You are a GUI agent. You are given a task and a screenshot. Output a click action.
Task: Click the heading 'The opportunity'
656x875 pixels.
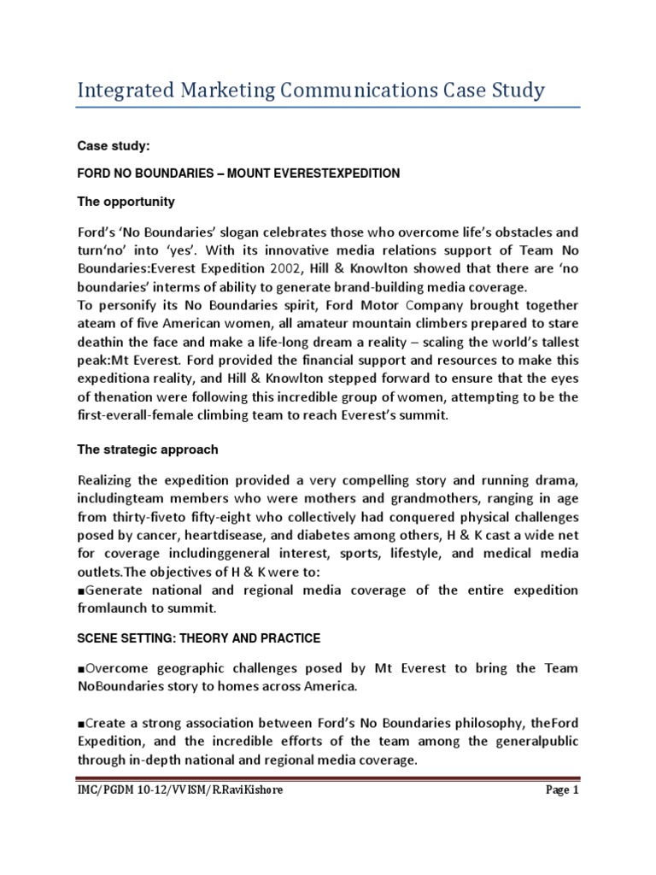click(x=126, y=202)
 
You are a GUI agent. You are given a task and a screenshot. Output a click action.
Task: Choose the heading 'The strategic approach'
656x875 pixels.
click(x=148, y=449)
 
